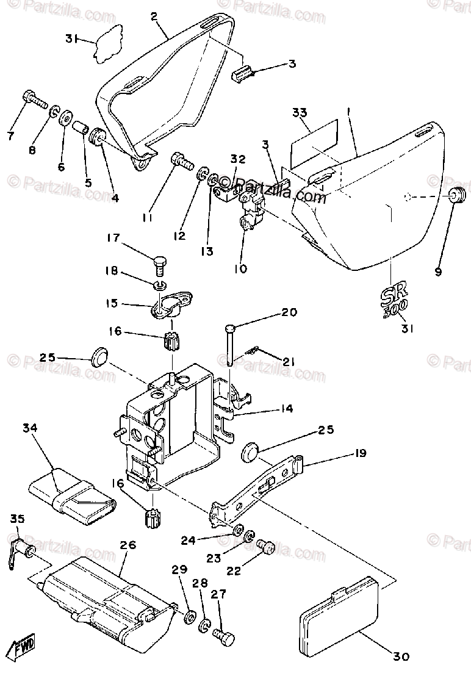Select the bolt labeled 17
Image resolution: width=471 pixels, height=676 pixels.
click(160, 265)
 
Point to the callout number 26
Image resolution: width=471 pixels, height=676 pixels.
click(128, 545)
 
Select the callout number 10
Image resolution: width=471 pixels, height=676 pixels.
click(241, 268)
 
